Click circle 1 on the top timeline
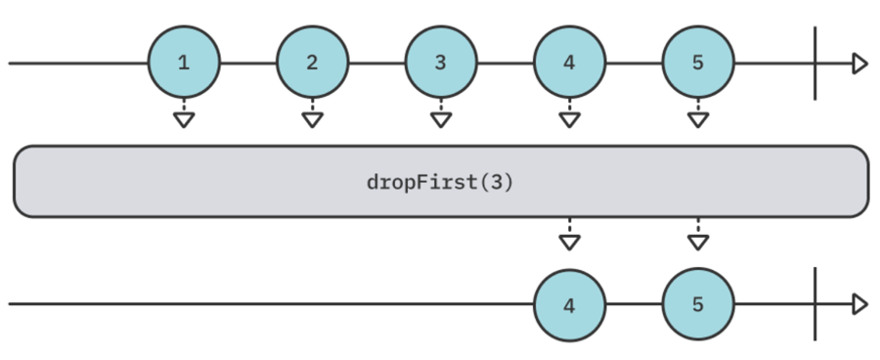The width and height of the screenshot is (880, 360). (184, 64)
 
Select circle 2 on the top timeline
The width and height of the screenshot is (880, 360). (312, 64)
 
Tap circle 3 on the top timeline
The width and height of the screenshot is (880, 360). (440, 64)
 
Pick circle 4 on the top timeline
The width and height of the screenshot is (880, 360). (569, 64)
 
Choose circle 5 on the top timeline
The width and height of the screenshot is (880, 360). (697, 64)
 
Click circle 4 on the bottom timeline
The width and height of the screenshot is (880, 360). (569, 304)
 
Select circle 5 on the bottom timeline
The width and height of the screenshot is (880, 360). (697, 304)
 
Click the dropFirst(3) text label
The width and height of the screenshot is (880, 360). (440, 182)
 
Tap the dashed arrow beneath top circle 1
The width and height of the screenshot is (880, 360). (184, 114)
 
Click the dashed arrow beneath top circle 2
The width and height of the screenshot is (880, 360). (312, 114)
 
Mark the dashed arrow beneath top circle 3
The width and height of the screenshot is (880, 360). (440, 114)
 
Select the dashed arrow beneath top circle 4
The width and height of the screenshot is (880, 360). (569, 114)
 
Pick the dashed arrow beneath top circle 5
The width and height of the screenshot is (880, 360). (697, 114)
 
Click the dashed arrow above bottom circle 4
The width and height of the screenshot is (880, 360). (569, 236)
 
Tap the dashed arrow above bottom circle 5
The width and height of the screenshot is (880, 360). (697, 236)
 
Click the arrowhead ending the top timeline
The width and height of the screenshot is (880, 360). (859, 64)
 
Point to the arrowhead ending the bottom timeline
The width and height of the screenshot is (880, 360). (859, 304)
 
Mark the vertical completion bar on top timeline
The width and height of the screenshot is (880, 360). (814, 64)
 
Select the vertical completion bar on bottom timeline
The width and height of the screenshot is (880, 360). (814, 304)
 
